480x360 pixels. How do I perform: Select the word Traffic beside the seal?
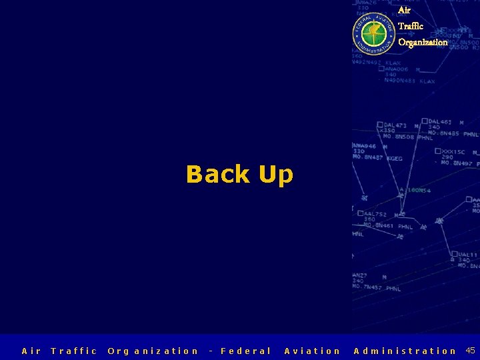[x=411, y=26]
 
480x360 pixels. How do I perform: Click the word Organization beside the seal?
[x=423, y=42]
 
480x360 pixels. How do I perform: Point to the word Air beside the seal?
[x=404, y=10]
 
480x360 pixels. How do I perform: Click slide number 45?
[x=470, y=350]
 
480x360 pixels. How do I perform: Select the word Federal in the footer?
[x=245, y=351]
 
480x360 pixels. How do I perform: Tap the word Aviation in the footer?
[x=312, y=351]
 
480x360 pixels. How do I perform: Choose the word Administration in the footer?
[x=405, y=351]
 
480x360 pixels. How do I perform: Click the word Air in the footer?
[x=31, y=351]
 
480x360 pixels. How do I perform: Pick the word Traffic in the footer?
[x=74, y=351]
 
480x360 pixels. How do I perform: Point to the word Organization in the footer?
[x=153, y=351]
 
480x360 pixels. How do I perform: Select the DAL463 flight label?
[x=440, y=121]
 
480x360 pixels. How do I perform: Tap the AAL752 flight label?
[x=375, y=214]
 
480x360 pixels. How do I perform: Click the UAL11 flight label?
[x=467, y=254]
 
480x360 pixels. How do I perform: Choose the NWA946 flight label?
[x=364, y=145]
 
